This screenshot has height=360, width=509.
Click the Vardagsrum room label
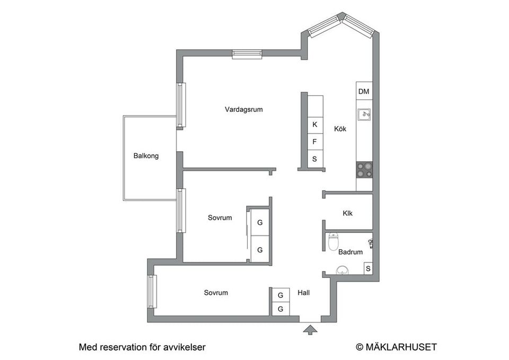[243, 109]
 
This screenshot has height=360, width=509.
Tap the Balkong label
[146, 156]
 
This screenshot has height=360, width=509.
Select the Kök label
[340, 129]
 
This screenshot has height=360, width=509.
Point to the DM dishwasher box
[364, 91]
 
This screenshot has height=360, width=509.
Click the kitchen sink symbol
[364, 115]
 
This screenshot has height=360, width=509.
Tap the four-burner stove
[364, 170]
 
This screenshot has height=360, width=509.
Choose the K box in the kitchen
[315, 125]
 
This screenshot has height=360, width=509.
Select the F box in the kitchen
[315, 142]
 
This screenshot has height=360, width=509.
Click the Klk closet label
[347, 213]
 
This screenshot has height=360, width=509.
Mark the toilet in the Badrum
[334, 242]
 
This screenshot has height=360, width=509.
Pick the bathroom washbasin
[342, 270]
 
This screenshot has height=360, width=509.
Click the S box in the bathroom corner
[368, 268]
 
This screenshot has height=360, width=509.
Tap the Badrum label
[350, 252]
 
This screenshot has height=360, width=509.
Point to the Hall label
[304, 293]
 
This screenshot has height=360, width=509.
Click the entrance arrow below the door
[310, 330]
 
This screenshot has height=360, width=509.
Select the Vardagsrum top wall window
[247, 54]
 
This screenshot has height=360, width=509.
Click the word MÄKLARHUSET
[401, 347]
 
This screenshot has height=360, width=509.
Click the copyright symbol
[359, 347]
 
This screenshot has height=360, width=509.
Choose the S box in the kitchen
[315, 159]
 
